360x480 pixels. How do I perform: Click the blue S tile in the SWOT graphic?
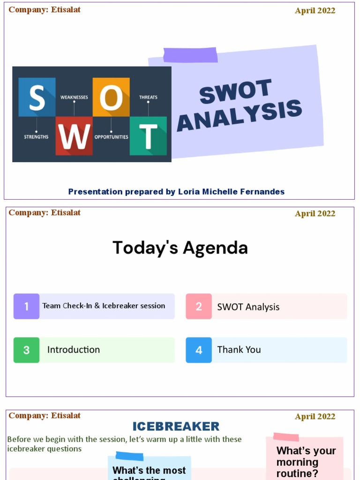point(37,97)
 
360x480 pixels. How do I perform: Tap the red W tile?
point(74,136)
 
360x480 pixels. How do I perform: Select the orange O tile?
point(111,97)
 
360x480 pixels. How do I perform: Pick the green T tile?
point(148,136)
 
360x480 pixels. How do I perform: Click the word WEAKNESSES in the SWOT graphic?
point(74,97)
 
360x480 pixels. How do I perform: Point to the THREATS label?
point(148,97)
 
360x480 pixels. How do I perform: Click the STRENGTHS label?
point(36,137)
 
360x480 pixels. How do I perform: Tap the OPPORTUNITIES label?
point(111,137)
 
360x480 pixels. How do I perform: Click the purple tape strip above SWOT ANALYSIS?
point(190,55)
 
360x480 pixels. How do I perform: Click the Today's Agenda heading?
point(180,247)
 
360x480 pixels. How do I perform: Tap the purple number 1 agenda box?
point(26,306)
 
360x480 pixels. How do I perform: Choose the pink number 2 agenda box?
point(199,306)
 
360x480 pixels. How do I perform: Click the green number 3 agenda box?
point(26,350)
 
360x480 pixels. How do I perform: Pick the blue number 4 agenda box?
point(199,350)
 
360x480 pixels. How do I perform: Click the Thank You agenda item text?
point(239,350)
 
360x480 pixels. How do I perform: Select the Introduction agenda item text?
point(74,350)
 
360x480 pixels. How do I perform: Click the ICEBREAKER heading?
point(176,426)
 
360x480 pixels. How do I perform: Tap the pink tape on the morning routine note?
point(286,437)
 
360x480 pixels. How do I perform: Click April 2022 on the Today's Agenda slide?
point(315,214)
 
